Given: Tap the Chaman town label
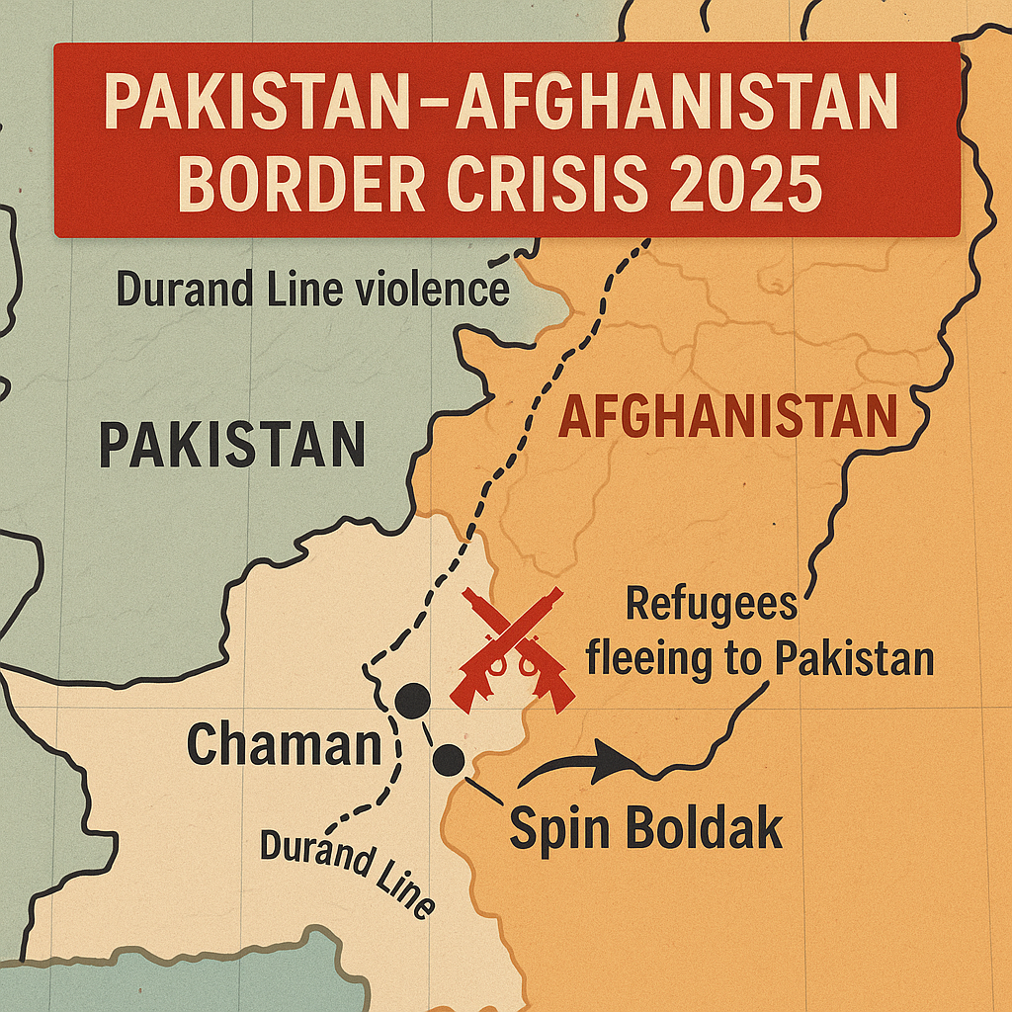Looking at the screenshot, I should (x=284, y=743).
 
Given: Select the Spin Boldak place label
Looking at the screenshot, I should (x=645, y=828).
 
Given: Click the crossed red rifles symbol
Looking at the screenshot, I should (x=513, y=647).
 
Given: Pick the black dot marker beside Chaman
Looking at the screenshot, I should (x=412, y=701).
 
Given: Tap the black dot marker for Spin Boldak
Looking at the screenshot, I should (x=449, y=759).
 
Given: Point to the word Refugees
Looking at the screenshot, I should (x=712, y=604).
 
